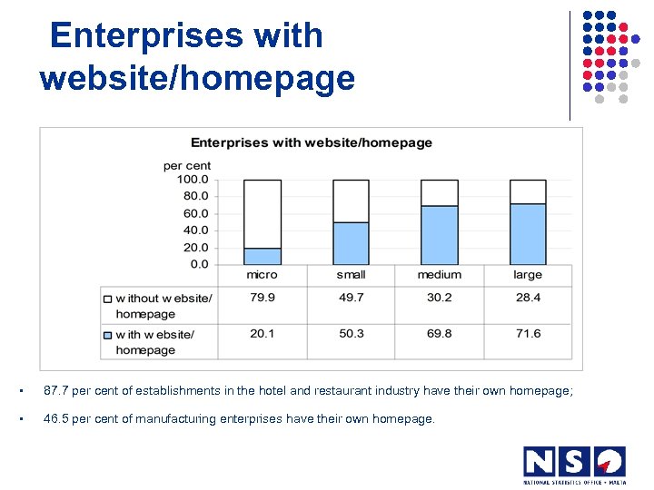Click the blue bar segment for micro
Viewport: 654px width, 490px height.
click(262, 256)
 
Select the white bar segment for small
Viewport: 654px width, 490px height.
click(351, 201)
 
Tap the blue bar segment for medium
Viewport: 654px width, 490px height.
click(439, 235)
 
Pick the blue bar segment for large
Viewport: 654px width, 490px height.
click(528, 233)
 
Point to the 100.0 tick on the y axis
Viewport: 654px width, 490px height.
click(192, 180)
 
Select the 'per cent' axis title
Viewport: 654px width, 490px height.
click(187, 165)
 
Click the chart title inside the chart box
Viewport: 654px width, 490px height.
click(312, 142)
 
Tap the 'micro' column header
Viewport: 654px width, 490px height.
click(262, 275)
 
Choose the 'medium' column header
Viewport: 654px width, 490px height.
click(439, 275)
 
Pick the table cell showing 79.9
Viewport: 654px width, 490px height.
click(262, 298)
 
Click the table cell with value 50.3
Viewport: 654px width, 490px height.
click(351, 334)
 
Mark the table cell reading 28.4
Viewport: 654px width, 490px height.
click(528, 298)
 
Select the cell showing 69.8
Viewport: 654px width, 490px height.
click(439, 334)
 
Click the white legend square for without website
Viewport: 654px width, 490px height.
click(107, 299)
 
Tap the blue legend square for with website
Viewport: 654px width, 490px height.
click(107, 335)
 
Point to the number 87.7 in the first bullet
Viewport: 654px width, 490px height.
click(55, 391)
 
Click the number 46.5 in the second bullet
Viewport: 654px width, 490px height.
click(55, 419)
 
